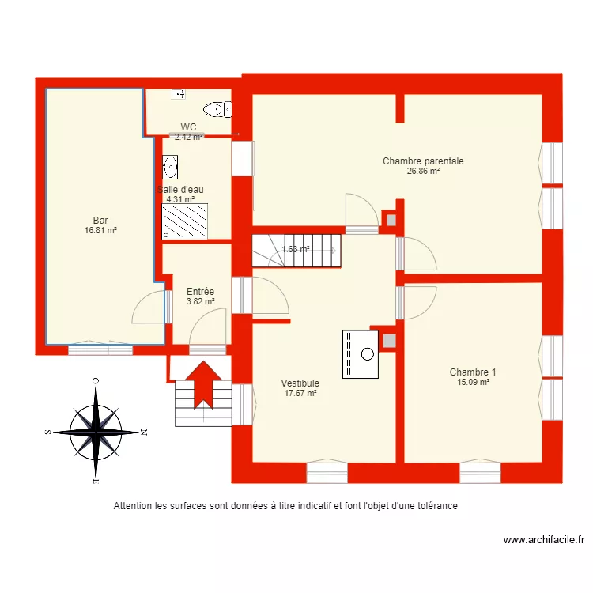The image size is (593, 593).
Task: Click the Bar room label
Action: [x=100, y=221]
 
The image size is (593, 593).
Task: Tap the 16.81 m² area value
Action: [x=100, y=230]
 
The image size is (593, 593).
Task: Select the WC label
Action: [x=188, y=127]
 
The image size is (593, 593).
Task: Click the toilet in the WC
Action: [x=214, y=108]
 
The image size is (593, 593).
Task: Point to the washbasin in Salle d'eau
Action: [x=170, y=166]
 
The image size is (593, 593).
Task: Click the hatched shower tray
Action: [x=185, y=221]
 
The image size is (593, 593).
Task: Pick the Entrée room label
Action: [x=200, y=292]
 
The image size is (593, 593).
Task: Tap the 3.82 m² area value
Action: [x=200, y=301]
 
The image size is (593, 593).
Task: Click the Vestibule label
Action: [x=300, y=383]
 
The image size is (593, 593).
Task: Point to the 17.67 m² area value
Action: [x=300, y=393]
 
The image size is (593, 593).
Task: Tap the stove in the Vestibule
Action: [x=361, y=353]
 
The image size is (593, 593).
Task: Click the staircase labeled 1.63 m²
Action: [x=296, y=249]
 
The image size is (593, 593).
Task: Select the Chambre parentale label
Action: [x=423, y=161]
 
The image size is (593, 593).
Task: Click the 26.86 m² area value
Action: [x=423, y=171]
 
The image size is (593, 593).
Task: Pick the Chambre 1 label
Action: [x=473, y=372]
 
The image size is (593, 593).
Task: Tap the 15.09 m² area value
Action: [x=473, y=382]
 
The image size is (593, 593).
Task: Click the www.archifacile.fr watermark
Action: [x=544, y=541]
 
